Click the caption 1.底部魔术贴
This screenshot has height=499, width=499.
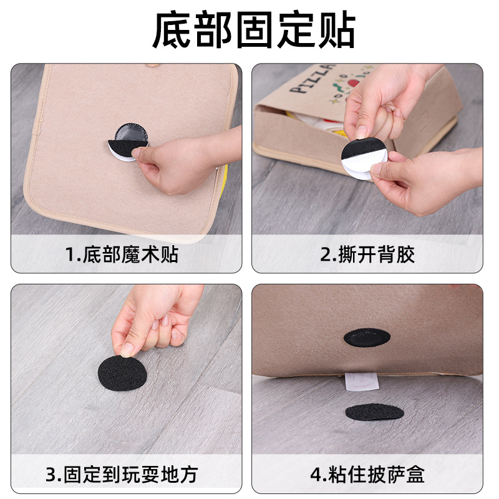point(122,254)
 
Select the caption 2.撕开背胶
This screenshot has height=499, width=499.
point(367,254)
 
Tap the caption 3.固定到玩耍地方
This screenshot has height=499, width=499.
point(122,475)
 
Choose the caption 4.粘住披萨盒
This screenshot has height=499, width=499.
point(367,475)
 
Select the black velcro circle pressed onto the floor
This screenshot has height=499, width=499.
point(123,372)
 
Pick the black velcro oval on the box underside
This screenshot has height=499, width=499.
point(367,337)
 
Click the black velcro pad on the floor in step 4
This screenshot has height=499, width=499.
point(374,412)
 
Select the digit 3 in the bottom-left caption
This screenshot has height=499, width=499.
point(51,475)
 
